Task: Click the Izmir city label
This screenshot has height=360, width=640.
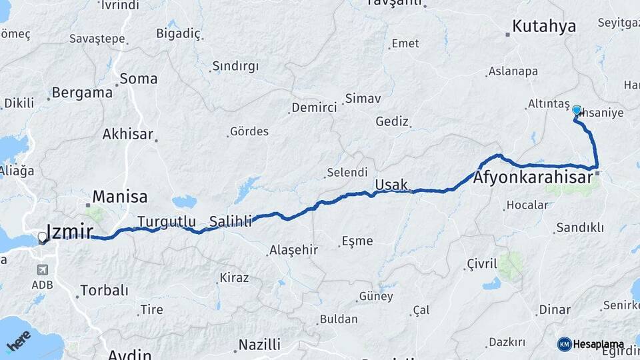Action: pos(70,232)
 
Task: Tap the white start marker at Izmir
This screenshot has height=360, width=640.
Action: pos(43,237)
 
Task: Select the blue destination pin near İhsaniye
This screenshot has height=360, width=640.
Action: pos(577,111)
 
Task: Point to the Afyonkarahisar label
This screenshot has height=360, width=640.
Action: pos(533,178)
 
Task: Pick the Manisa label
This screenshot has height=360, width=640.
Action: pos(119,197)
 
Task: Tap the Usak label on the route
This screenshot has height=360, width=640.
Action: pos(391,185)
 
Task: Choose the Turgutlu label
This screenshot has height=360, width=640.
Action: pos(167,221)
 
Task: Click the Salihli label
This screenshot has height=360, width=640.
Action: pos(231,221)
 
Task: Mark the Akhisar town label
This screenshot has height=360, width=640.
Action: pos(128,134)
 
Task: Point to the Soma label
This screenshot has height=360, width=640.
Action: pos(139,79)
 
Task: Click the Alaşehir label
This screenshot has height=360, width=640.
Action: pos(293,251)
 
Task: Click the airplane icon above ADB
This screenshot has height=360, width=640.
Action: pos(43,270)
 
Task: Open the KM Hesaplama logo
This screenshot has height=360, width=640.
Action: pos(591,344)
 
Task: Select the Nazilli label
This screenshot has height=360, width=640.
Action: pos(260,345)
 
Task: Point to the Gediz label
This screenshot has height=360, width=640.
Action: pos(391,121)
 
